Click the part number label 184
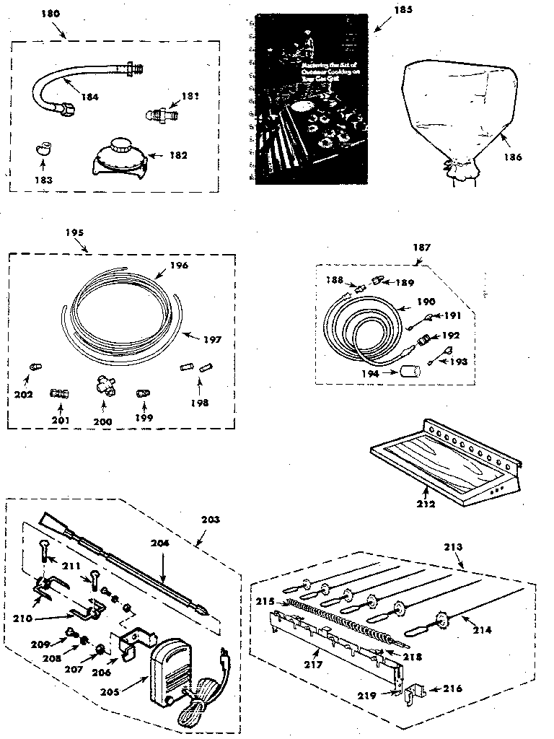[x=89, y=96]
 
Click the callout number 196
[x=179, y=266]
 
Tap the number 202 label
[x=23, y=394]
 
